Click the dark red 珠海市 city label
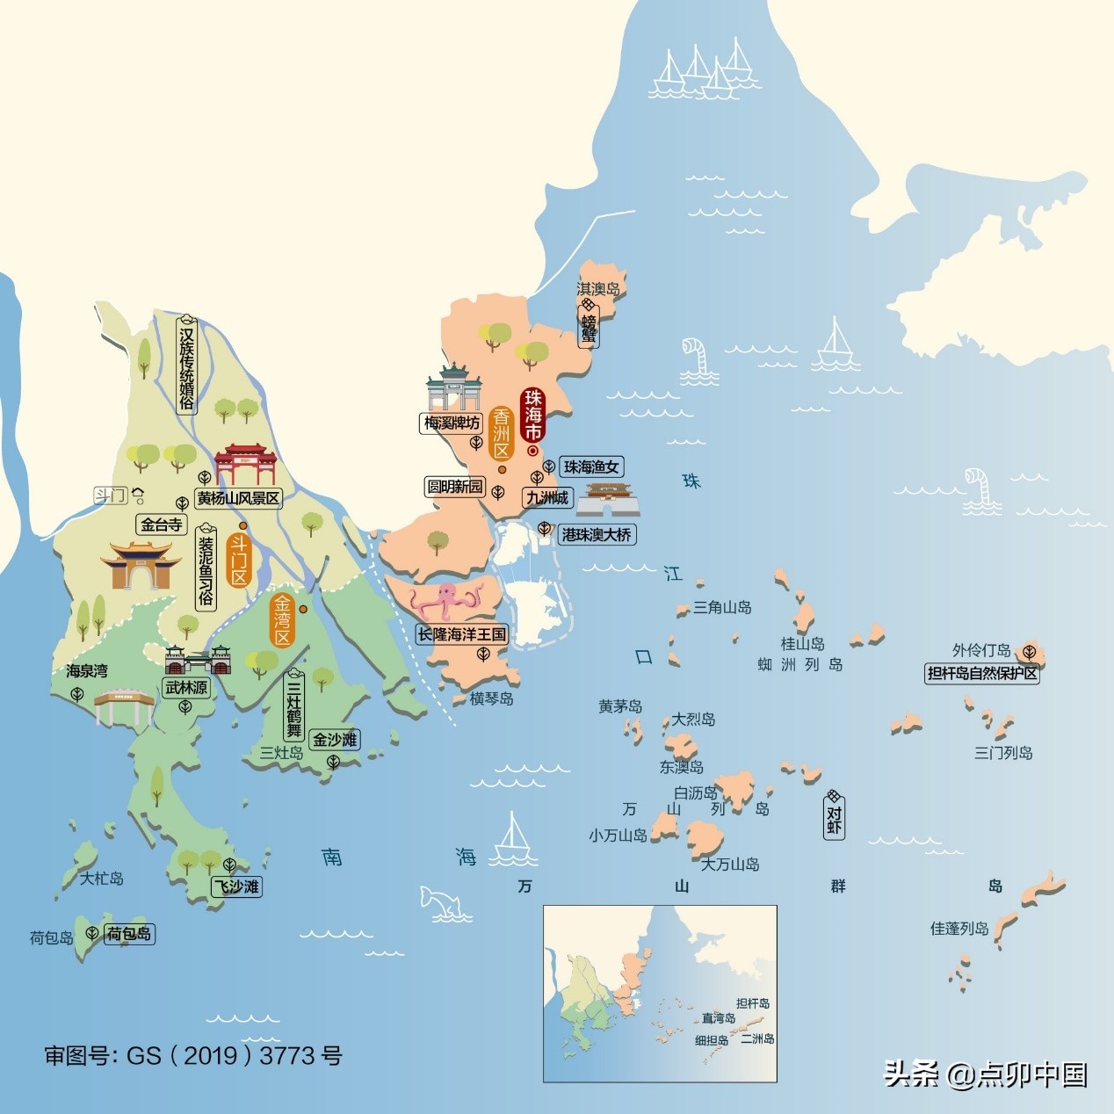coord(533,415)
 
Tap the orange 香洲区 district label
coord(502,433)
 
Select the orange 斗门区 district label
coord(239,559)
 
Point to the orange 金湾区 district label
coord(283,620)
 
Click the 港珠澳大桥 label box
coord(597,534)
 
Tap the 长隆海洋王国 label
coord(462,634)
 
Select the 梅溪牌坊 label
coord(452,423)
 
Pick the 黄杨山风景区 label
coord(238,498)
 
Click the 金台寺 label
coord(162,524)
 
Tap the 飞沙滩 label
coord(237,886)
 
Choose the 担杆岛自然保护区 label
coord(982,674)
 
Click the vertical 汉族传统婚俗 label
coord(186,368)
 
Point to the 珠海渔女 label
coord(591,467)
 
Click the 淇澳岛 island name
coord(598,288)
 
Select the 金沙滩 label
coord(336,740)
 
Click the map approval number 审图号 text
coord(193,1055)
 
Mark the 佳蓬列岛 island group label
coord(959,928)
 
